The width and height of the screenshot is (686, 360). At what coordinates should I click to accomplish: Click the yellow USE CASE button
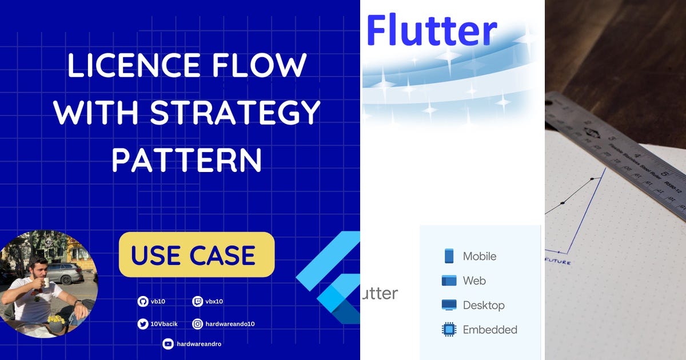pos(196,255)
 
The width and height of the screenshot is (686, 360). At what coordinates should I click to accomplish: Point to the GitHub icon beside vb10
pos(142,301)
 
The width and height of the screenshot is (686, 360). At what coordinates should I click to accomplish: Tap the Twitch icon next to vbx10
pos(197,301)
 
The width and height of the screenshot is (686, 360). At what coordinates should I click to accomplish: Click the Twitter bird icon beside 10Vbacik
pos(142,324)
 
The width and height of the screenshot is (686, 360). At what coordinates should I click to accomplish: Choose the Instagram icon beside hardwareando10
pos(197,324)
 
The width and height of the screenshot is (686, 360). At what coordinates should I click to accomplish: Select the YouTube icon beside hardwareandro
pos(167,344)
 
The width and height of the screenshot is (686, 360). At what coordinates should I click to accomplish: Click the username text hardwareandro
pos(199,344)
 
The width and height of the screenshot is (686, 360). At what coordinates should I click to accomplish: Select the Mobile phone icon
pos(449,256)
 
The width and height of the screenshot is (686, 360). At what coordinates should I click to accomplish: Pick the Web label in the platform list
pos(474,281)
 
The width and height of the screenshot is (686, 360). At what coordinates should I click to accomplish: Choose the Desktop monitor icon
pos(449,305)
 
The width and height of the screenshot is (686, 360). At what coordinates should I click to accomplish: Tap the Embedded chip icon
pos(449,330)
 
